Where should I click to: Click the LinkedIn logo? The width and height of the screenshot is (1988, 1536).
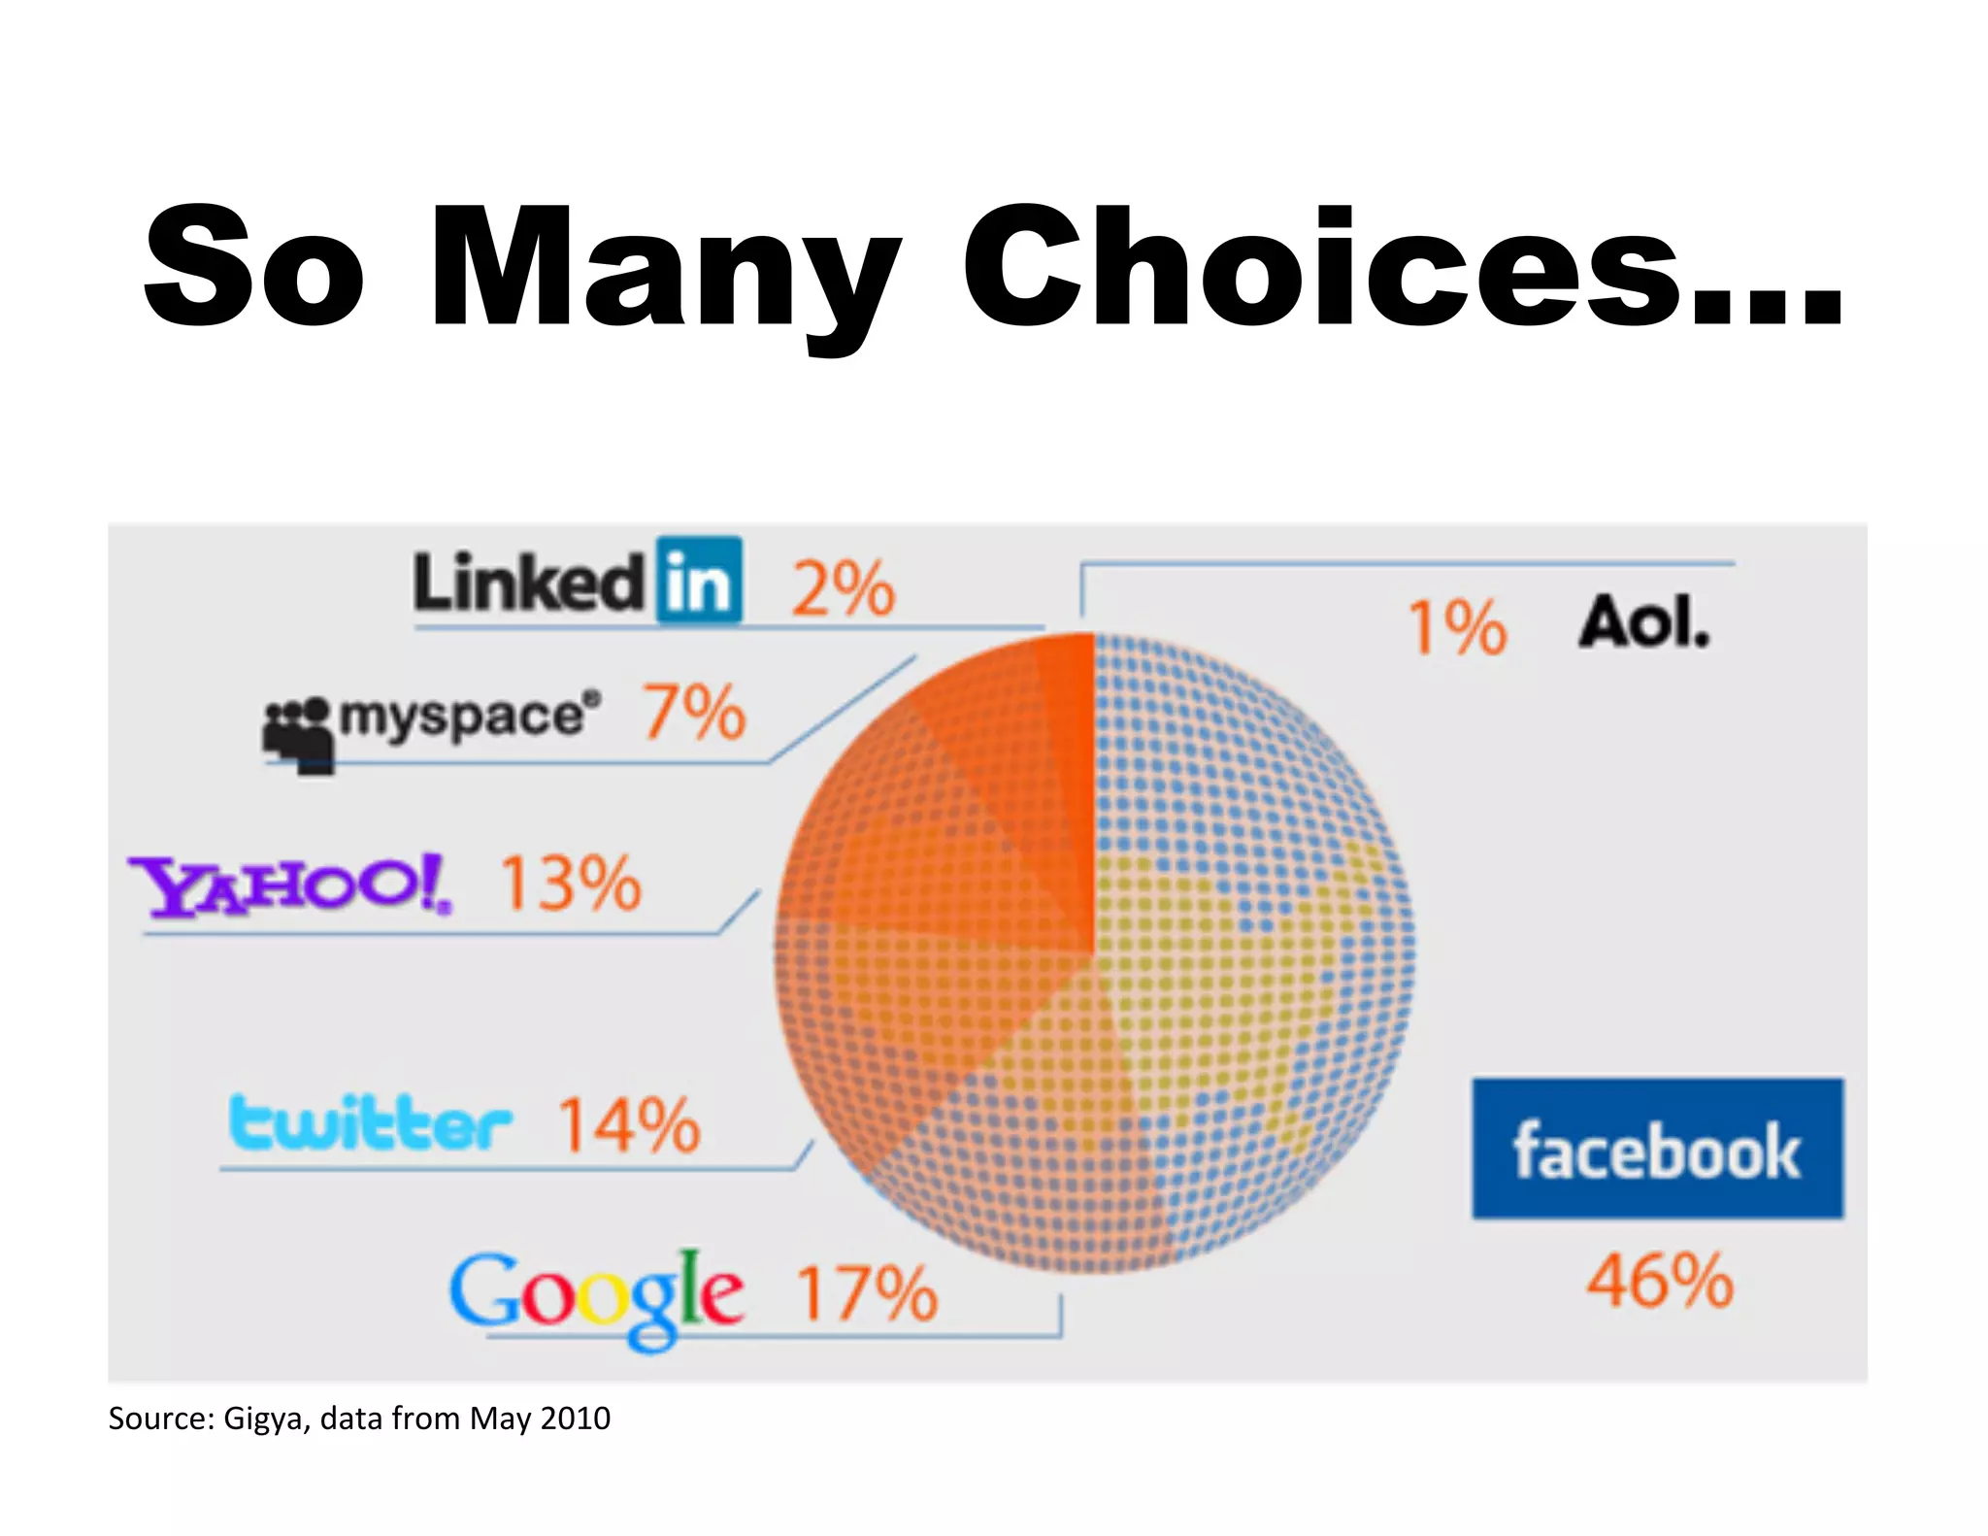tap(578, 583)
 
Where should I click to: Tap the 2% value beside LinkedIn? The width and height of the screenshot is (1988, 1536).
tap(843, 589)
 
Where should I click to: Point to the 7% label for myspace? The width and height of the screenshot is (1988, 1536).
tap(694, 713)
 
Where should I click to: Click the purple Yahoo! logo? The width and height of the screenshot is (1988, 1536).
tap(290, 885)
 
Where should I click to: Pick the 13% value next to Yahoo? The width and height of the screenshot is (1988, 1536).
tap(571, 884)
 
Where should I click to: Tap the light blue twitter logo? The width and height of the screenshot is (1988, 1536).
tap(370, 1123)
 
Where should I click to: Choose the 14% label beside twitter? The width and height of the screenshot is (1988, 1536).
tap(629, 1125)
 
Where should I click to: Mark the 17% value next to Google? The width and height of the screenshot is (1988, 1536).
tap(867, 1294)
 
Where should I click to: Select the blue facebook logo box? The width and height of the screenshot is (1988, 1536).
tap(1657, 1149)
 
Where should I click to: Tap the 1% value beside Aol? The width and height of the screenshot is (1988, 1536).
tap(1457, 627)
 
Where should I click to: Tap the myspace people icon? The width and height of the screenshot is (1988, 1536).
tap(298, 735)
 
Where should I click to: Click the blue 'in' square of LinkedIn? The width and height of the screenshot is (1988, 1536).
tap(699, 581)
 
